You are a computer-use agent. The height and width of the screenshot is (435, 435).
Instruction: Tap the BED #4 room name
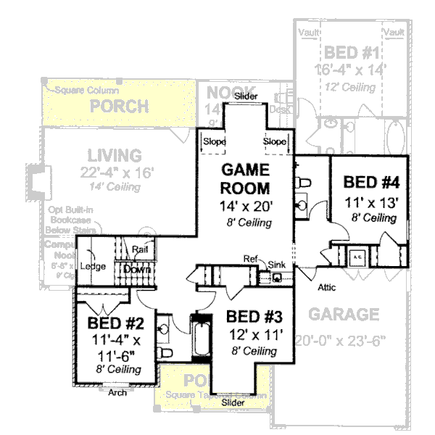(x=369, y=182)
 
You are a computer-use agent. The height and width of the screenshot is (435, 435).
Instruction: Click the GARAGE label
(x=344, y=315)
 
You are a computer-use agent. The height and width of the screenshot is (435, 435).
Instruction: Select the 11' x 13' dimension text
(x=369, y=201)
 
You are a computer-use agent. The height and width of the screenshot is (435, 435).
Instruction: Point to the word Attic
(x=328, y=287)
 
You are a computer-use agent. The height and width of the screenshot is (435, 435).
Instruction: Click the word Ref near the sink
(x=250, y=259)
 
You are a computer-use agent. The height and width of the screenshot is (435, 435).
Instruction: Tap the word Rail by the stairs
(x=141, y=250)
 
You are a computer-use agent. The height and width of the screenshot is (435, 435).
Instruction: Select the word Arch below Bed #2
(x=117, y=394)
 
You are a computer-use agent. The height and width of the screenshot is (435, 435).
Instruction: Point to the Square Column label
(x=79, y=91)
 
